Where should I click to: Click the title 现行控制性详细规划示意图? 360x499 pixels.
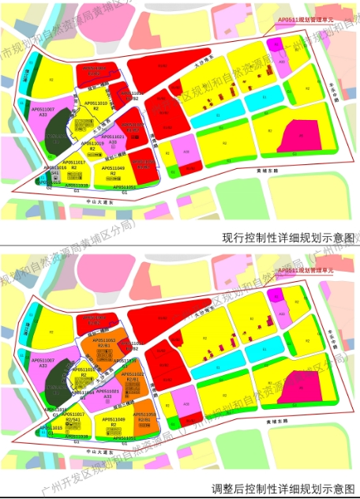point(287,236)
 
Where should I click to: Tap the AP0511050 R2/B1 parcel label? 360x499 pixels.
point(144,416)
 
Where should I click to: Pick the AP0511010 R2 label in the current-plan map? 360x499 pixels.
point(96,105)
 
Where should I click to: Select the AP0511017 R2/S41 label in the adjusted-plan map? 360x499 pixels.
point(73,416)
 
